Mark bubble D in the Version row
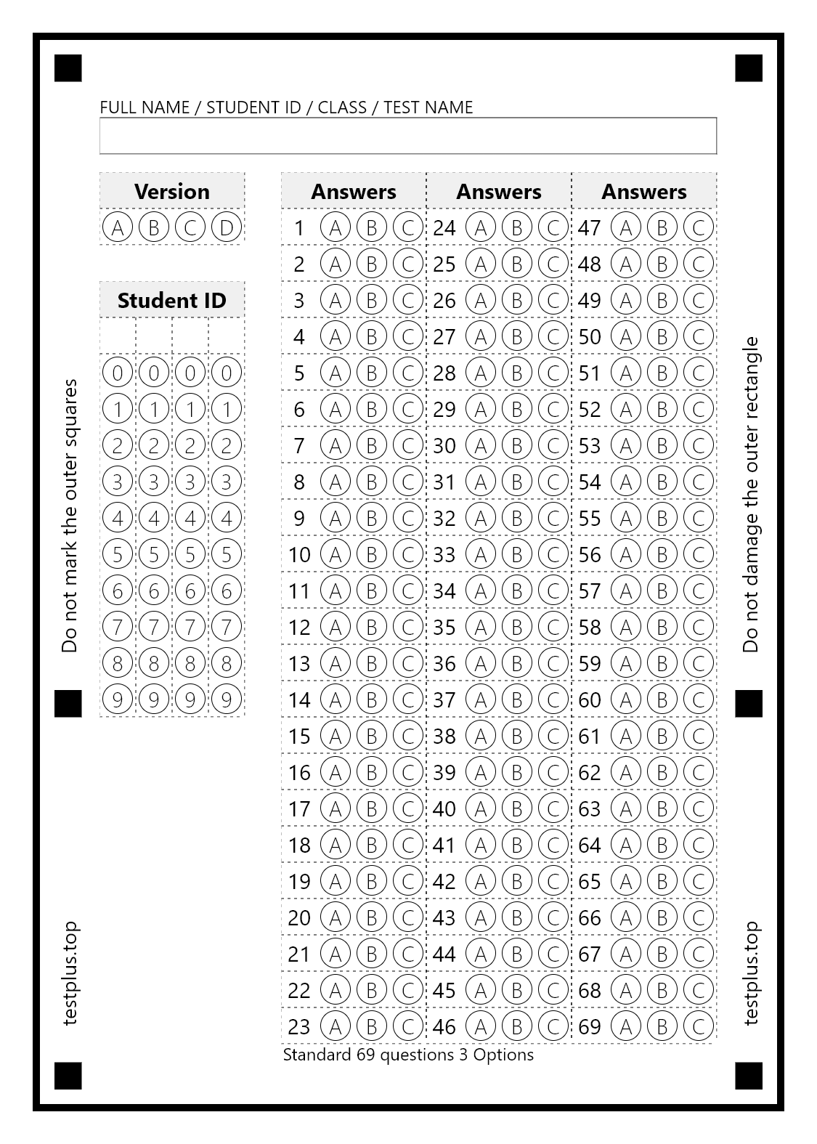227,227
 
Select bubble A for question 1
335,227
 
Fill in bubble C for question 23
408,1026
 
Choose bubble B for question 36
517,663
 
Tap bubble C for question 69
699,1026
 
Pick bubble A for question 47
625,227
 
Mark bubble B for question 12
372,627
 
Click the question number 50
590,336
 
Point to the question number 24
444,227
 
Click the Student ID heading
172,300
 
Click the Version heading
172,191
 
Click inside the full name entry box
408,136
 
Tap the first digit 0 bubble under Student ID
118,373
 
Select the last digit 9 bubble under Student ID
227,699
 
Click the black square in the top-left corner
68,68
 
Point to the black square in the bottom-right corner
749,1076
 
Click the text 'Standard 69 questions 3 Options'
408,1055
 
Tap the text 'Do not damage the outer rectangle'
751,494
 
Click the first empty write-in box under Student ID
118,336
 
